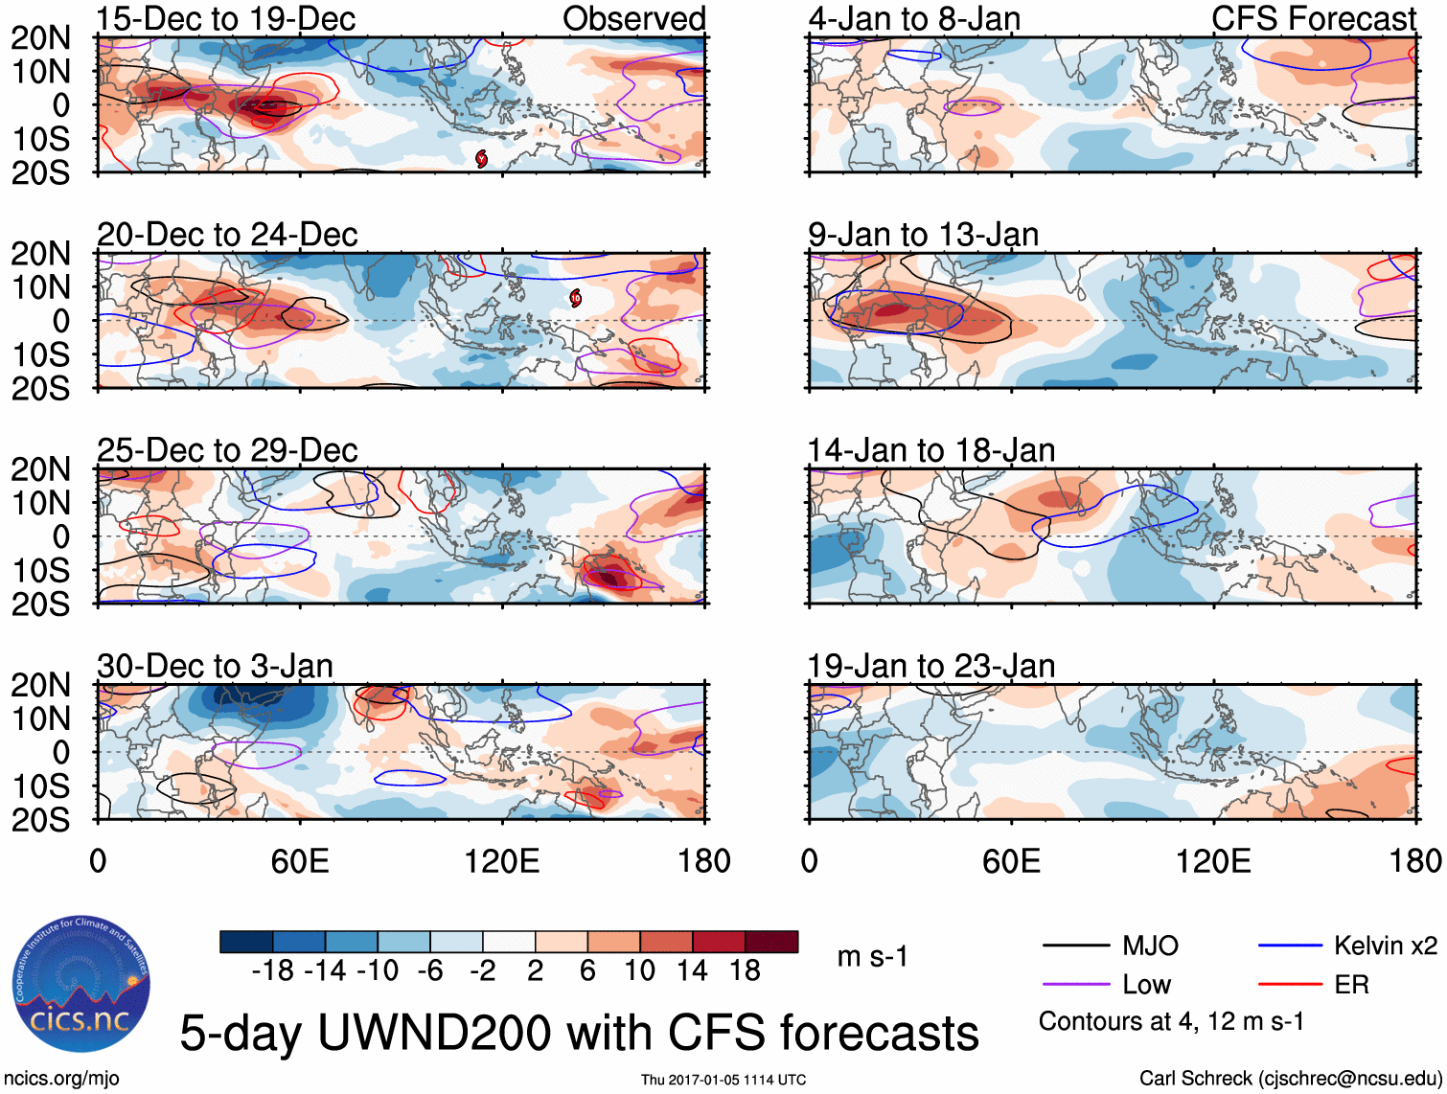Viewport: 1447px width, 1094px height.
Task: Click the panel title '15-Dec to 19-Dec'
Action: point(226,18)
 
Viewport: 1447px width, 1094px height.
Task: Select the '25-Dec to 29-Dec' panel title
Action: point(227,450)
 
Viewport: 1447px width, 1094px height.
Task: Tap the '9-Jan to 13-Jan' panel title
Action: point(923,235)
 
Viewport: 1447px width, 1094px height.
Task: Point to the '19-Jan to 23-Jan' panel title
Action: point(930,666)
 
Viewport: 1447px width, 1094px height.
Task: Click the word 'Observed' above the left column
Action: point(633,18)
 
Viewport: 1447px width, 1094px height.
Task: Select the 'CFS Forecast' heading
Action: point(1313,18)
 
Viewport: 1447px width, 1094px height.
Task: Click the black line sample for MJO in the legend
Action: point(1075,946)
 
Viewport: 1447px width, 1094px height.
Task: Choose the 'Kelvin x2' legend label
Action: point(1385,946)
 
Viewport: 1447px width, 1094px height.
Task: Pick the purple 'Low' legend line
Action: point(1075,985)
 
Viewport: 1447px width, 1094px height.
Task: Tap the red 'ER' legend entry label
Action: point(1351,985)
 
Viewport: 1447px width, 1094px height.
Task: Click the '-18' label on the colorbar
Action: point(273,971)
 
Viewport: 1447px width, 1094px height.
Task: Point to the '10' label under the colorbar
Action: point(639,971)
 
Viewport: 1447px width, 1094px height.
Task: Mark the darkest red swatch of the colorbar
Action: point(771,942)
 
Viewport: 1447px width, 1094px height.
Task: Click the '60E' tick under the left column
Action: point(300,861)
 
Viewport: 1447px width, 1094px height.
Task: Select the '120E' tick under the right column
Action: point(1213,861)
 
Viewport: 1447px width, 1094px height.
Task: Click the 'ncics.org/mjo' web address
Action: point(61,1079)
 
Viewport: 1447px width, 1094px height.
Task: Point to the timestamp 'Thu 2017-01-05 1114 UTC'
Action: point(723,1080)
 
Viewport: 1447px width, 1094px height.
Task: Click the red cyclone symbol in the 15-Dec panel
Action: point(481,158)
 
